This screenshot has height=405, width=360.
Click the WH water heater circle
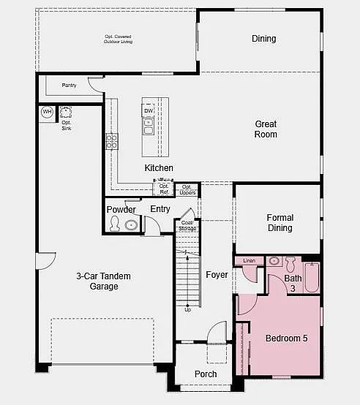[47, 112]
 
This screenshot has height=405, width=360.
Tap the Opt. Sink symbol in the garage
[67, 112]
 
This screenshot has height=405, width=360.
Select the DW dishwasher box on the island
[148, 111]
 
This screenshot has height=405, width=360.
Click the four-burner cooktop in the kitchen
[112, 141]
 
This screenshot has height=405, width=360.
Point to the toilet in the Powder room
[115, 224]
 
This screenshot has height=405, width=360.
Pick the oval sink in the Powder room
[131, 224]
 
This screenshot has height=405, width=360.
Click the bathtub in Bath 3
[312, 278]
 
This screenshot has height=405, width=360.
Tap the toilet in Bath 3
[290, 262]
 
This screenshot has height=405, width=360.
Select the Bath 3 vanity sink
[275, 261]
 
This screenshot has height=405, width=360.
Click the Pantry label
[69, 86]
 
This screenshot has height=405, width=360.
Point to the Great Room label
[266, 129]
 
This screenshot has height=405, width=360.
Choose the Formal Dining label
[280, 223]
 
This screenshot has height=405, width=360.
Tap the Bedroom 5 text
[286, 338]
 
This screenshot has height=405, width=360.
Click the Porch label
[206, 374]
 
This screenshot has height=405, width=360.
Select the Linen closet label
[249, 261]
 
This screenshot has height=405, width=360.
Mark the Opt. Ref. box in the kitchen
[163, 189]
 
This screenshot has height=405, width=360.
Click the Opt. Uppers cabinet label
[187, 189]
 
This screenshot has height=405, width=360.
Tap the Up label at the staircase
[188, 309]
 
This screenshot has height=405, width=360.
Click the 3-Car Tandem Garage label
[97, 281]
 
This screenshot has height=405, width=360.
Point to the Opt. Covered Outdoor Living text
[118, 39]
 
